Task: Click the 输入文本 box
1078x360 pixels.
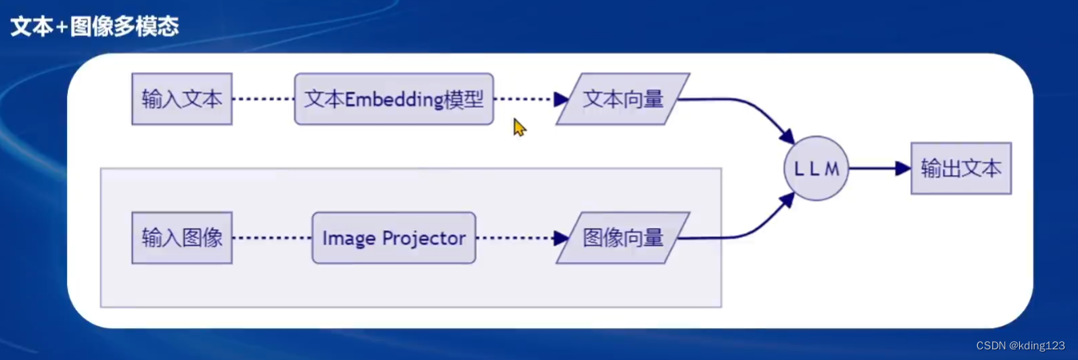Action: pyautogui.click(x=182, y=99)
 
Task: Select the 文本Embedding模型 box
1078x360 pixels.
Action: pyautogui.click(x=394, y=99)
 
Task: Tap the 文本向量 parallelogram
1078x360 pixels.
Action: pyautogui.click(x=623, y=99)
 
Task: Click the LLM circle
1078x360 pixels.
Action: pyautogui.click(x=816, y=169)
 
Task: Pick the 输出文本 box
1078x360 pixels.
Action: pyautogui.click(x=961, y=169)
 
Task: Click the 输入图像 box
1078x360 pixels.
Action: pyautogui.click(x=182, y=238)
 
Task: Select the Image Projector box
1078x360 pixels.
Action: pyautogui.click(x=394, y=238)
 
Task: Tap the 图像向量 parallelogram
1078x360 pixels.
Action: pyautogui.click(x=623, y=238)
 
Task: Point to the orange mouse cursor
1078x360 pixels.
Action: pyautogui.click(x=519, y=127)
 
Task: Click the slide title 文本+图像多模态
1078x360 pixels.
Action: pyautogui.click(x=94, y=26)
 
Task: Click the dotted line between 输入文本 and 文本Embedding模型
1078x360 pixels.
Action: pyautogui.click(x=263, y=99)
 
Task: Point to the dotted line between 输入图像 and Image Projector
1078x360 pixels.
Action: pyautogui.click(x=271, y=238)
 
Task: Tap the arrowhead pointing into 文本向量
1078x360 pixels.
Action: pyautogui.click(x=562, y=99)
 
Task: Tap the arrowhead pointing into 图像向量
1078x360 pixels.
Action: pyautogui.click(x=562, y=238)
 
